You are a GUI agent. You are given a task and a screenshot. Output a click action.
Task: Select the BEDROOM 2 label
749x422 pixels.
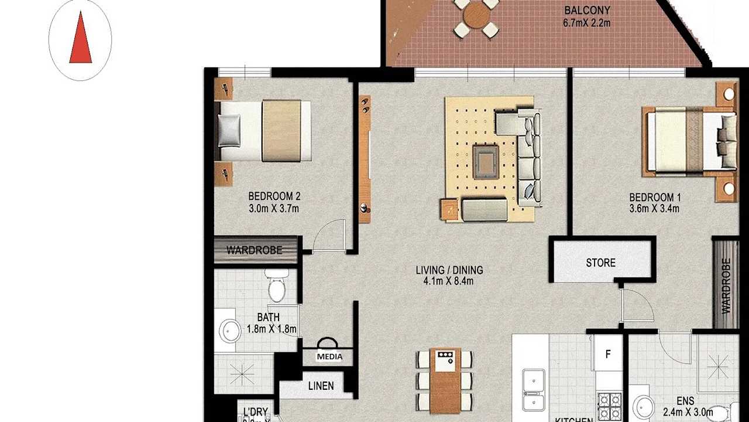click(274, 196)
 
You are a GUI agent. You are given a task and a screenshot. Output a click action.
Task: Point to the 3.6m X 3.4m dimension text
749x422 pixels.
click(654, 209)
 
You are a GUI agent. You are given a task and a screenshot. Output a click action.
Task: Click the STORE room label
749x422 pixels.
click(601, 263)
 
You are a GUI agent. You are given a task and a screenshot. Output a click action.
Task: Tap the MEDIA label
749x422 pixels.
click(329, 356)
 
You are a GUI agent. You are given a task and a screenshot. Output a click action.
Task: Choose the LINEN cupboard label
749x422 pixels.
click(321, 386)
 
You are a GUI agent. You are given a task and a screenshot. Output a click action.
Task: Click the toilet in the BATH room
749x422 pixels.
click(275, 286)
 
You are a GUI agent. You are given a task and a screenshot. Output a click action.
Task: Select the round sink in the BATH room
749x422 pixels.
click(229, 331)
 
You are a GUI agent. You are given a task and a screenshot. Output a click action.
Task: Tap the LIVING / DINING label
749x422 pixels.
click(449, 270)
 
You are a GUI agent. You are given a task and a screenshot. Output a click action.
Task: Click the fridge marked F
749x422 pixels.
click(608, 354)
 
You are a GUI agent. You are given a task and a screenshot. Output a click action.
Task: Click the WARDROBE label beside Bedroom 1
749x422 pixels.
click(726, 285)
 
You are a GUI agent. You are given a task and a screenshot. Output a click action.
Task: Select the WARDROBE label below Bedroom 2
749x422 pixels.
click(255, 250)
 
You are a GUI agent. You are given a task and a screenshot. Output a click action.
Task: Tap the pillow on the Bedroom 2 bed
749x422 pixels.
click(229, 130)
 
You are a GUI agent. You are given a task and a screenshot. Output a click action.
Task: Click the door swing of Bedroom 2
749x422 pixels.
click(329, 236)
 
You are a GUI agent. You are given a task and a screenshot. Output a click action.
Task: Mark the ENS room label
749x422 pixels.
click(686, 401)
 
